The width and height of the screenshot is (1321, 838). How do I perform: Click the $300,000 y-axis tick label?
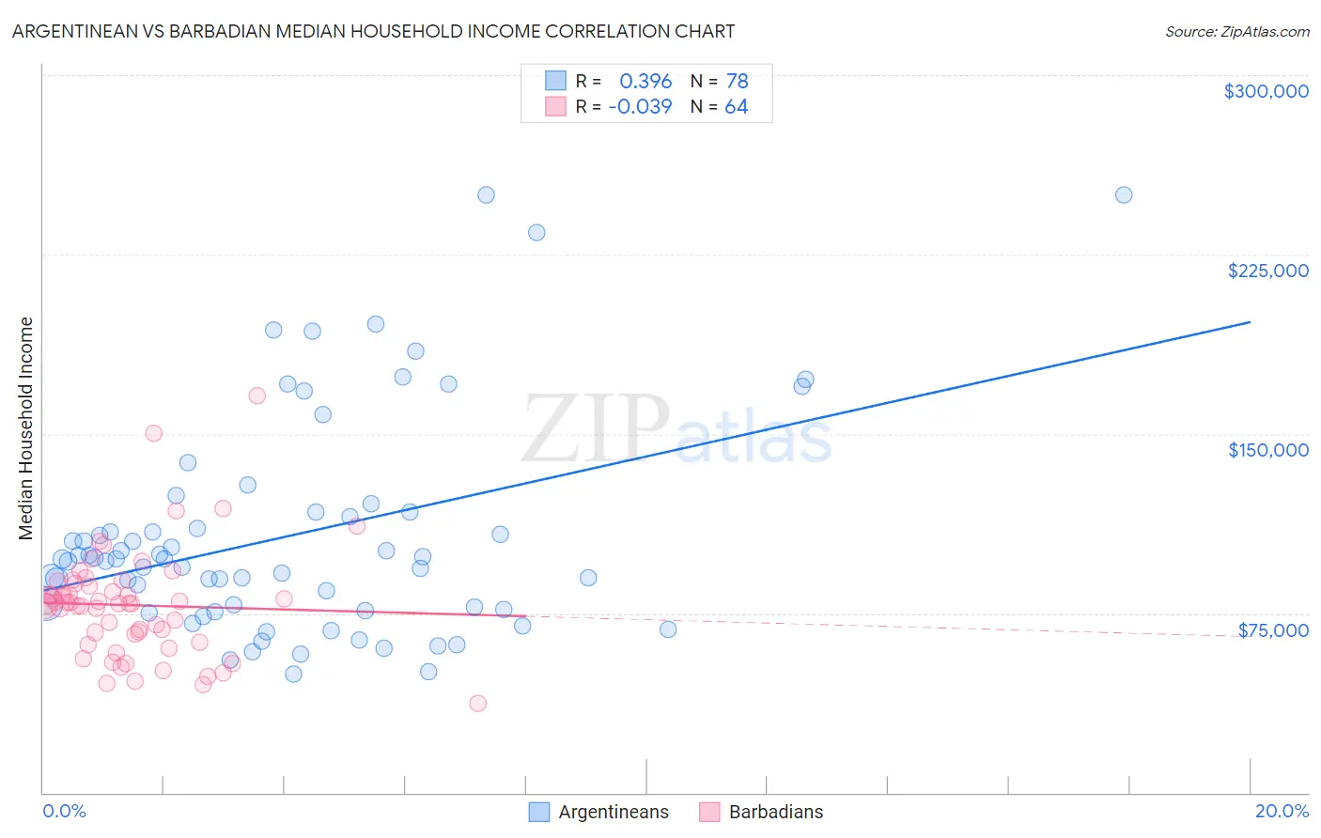click(1266, 91)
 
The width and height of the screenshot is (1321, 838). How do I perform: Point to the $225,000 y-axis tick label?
click(1267, 271)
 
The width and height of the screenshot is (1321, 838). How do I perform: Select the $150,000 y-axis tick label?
click(1267, 450)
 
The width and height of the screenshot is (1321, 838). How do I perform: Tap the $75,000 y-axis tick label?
click(1272, 630)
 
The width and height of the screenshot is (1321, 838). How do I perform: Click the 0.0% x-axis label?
click(64, 811)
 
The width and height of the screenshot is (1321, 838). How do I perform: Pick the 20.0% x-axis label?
click(1282, 811)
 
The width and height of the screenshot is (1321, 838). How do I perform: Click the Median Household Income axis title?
click(26, 428)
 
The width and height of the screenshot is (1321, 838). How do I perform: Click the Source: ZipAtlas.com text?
click(1236, 31)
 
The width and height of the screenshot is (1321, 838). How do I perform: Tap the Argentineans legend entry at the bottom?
click(613, 812)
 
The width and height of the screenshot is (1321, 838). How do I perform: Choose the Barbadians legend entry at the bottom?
click(775, 812)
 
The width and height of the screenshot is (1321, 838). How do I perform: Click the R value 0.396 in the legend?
click(645, 82)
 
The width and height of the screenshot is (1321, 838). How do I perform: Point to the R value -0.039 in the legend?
click(640, 107)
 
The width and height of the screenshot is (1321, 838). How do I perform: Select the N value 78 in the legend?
click(737, 82)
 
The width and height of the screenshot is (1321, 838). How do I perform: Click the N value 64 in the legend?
click(736, 107)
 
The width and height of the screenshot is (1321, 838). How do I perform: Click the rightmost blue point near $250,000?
click(1123, 195)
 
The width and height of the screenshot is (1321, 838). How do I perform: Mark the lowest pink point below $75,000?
click(477, 704)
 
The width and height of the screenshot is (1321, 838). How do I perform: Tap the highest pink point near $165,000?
click(256, 396)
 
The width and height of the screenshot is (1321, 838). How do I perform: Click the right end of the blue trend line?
click(1250, 322)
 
